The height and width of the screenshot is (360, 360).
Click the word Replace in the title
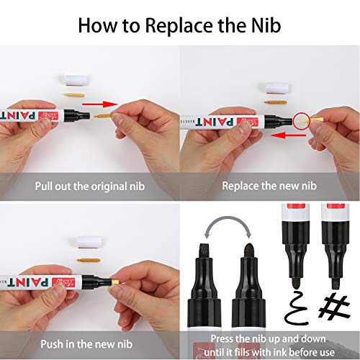(x=179, y=26)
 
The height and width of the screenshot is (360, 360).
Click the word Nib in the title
(x=266, y=25)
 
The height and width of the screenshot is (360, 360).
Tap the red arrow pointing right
(x=100, y=104)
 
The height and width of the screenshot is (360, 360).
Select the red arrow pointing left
(x=289, y=135)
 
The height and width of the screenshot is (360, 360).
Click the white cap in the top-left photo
(x=75, y=80)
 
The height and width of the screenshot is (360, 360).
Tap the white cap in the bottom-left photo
(x=88, y=242)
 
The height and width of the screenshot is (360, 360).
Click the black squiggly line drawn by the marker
(x=295, y=308)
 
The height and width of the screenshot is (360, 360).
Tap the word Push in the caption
(x=52, y=344)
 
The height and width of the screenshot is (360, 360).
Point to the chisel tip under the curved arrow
(x=204, y=251)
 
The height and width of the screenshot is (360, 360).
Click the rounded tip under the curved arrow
(x=249, y=251)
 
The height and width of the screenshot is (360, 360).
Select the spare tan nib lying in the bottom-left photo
(x=88, y=261)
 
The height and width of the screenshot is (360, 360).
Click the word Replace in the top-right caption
(x=240, y=186)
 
